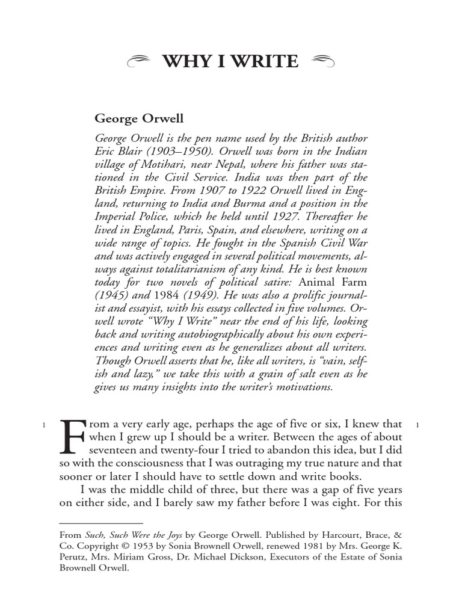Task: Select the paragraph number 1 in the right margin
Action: point(417,426)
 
